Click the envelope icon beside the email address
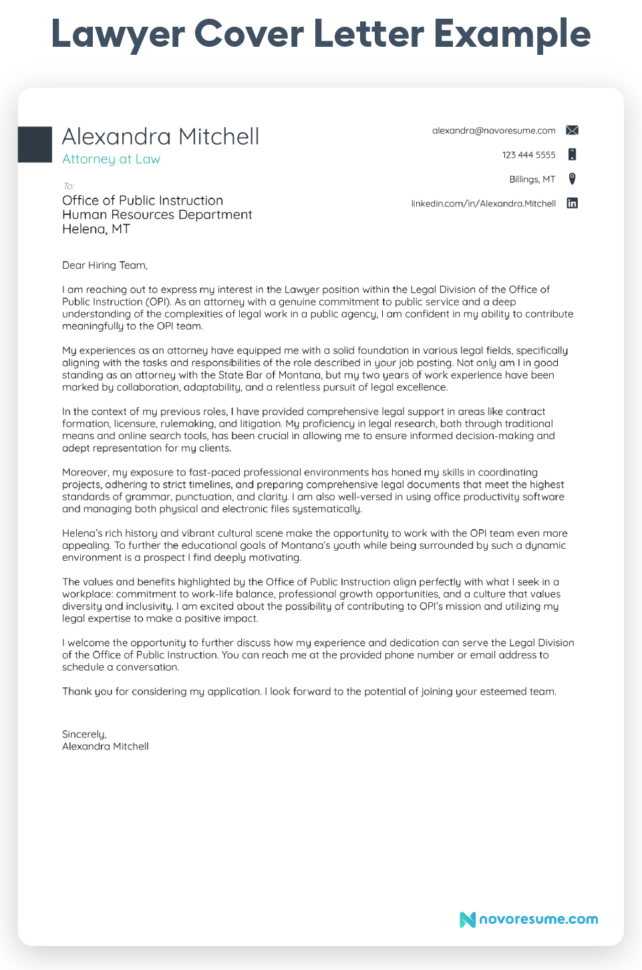572,130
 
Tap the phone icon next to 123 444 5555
572,154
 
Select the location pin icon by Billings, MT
572,178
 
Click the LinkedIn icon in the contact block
572,203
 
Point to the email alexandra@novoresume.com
494,130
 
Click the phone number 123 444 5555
528,155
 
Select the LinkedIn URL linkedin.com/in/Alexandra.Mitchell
483,203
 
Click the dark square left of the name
35,144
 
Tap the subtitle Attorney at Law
111,159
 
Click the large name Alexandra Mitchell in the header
160,136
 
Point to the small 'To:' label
68,186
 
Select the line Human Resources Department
157,215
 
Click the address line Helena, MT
96,229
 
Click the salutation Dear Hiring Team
104,265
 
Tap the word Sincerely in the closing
84,734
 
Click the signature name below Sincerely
106,747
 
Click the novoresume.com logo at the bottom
528,919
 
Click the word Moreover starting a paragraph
86,473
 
